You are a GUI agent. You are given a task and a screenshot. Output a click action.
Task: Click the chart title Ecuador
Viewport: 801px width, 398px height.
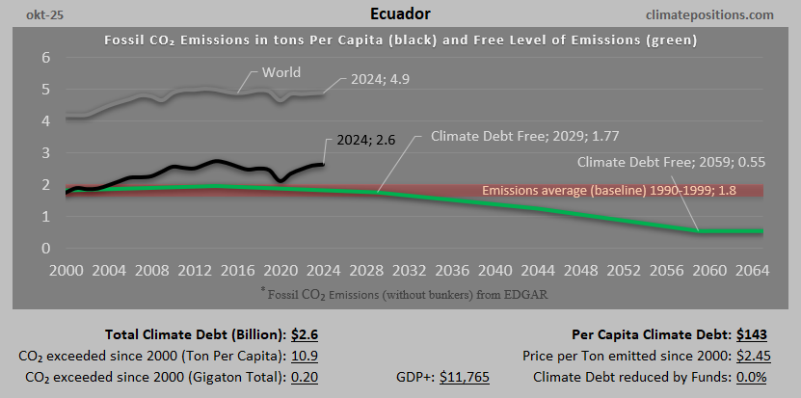tap(400, 14)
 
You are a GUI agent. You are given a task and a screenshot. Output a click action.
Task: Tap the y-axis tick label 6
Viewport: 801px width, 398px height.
tap(45, 58)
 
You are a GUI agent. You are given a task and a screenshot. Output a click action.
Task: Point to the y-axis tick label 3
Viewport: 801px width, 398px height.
tap(45, 153)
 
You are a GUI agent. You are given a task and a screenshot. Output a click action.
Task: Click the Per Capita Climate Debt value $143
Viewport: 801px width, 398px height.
tap(752, 334)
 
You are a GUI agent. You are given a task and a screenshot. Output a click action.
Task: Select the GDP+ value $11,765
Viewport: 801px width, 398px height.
tap(465, 377)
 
